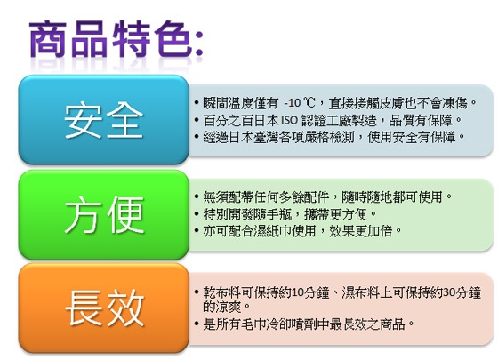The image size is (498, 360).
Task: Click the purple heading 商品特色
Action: (111, 39)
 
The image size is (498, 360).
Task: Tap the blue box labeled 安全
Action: (104, 120)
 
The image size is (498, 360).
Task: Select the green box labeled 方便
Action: (104, 214)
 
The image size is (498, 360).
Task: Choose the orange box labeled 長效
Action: (104, 308)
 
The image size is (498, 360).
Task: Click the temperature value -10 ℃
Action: (299, 103)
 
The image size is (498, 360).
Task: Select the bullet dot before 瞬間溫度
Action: (197, 103)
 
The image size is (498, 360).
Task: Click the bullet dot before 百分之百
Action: (197, 120)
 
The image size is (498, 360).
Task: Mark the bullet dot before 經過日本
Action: (197, 137)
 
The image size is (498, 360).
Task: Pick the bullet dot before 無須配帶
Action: (197, 196)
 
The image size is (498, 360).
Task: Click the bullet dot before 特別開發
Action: (197, 214)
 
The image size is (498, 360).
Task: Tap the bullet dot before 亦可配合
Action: (197, 231)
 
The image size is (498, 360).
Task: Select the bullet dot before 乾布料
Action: (197, 292)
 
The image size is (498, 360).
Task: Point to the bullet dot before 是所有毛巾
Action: (197, 324)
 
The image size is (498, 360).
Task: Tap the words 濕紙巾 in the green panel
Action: (272, 231)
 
